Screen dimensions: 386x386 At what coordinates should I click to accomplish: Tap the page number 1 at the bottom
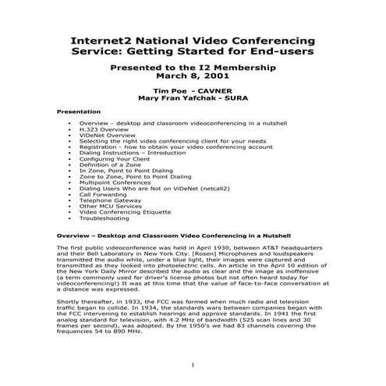pyautogui.click(x=192, y=363)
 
